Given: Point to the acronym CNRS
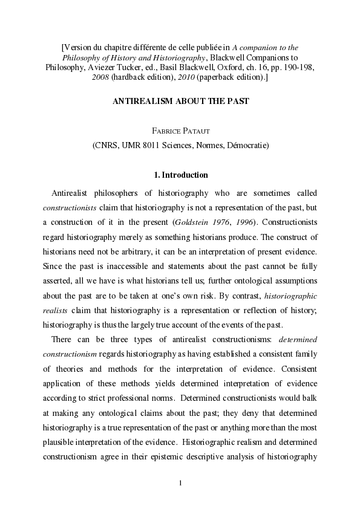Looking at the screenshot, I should [x=106, y=145].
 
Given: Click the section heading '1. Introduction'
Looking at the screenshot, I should [x=180, y=175].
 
